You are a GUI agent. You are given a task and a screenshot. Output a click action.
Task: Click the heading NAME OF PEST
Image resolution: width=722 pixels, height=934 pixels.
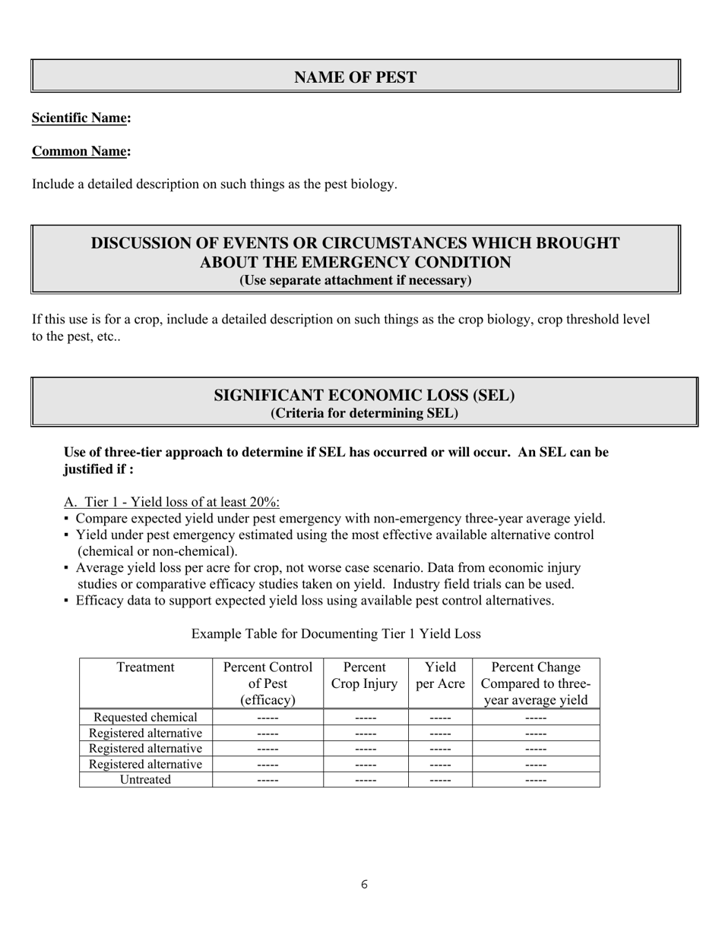pos(355,77)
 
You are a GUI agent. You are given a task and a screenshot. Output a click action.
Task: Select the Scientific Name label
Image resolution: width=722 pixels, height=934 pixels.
pos(80,118)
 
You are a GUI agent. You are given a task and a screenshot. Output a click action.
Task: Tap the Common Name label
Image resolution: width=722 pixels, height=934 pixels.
pos(80,151)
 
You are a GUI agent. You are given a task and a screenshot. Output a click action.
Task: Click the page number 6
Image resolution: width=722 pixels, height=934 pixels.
pos(365,885)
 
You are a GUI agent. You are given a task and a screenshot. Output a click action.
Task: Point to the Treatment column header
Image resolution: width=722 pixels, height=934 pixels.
pos(145,667)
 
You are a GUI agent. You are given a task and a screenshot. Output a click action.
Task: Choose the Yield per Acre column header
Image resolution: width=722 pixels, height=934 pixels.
pos(440,675)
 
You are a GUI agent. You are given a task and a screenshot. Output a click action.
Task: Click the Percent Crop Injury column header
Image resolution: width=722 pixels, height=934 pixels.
pos(364,675)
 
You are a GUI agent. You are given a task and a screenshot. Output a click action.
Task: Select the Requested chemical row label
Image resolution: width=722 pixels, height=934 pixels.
pos(145,718)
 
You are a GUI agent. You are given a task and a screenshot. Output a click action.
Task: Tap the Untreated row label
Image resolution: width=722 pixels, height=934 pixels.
pos(145,780)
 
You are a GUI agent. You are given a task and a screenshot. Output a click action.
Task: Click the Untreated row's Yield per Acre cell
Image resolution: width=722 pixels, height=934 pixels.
pos(440,780)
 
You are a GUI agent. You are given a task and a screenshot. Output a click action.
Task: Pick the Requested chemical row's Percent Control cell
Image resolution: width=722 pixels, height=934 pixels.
pos(268,718)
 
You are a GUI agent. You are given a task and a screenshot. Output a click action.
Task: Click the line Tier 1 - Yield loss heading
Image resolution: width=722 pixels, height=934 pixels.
pos(172,503)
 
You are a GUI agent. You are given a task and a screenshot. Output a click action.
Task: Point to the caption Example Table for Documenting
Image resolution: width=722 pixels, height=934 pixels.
pos(335,633)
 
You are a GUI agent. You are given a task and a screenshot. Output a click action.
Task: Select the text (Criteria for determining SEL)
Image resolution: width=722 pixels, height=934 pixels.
pos(364,413)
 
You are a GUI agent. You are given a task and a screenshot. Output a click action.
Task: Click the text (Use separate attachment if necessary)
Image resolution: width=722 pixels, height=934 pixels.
pos(355,280)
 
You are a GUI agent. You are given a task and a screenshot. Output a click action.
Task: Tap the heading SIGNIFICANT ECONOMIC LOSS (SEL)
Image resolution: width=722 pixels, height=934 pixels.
pos(364,396)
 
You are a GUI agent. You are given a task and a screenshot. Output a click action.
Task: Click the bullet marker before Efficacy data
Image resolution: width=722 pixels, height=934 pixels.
pos(67,601)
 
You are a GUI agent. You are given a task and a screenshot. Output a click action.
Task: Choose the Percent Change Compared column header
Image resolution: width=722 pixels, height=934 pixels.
pos(535,683)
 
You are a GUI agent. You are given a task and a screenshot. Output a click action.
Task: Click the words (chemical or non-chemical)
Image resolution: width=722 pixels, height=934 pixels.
pos(157,551)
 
